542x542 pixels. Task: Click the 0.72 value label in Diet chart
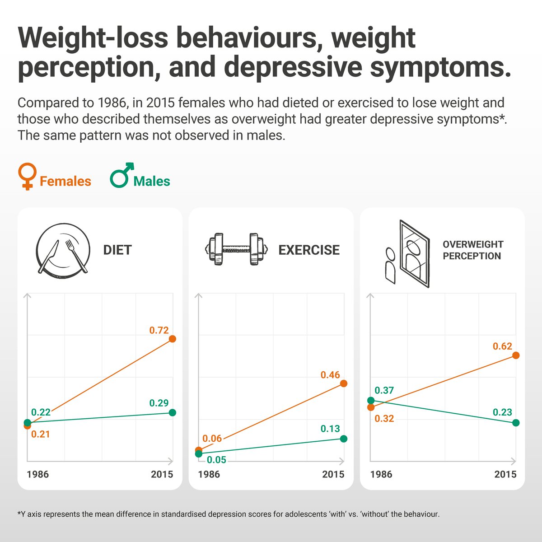(x=159, y=330)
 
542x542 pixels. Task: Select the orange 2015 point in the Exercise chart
(x=344, y=383)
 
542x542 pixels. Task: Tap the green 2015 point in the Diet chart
(x=172, y=412)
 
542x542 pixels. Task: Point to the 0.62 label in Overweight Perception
(x=502, y=346)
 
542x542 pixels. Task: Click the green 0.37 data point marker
(x=371, y=400)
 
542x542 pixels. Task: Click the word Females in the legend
(x=65, y=181)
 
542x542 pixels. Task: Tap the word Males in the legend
(x=152, y=181)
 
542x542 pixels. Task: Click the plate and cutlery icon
(x=62, y=250)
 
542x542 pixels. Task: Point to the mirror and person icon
(x=408, y=254)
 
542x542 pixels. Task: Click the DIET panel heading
(x=117, y=250)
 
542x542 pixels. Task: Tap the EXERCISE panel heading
(x=309, y=250)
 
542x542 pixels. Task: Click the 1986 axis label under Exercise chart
(x=209, y=474)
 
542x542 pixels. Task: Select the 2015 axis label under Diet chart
(x=162, y=474)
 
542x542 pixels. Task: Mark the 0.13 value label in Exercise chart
(x=330, y=429)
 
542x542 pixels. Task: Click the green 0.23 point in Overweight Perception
(x=516, y=423)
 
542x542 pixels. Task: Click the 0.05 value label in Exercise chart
(x=216, y=460)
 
